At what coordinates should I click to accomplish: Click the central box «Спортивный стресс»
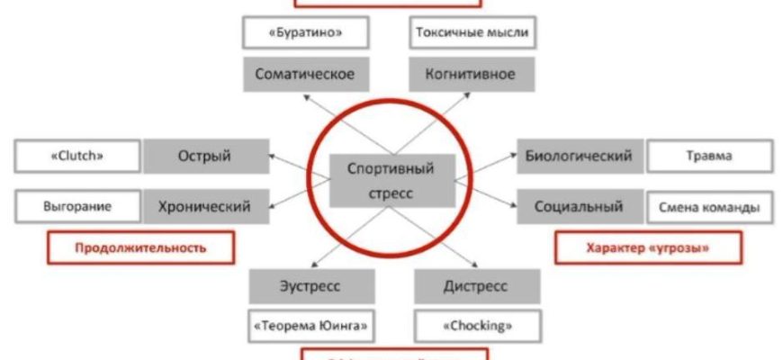click(390, 179)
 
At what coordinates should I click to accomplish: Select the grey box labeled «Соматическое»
click(305, 74)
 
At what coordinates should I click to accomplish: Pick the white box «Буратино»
click(305, 34)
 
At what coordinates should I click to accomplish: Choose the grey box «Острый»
click(205, 156)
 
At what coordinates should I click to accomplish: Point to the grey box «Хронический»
click(205, 206)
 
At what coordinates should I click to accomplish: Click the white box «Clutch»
click(78, 156)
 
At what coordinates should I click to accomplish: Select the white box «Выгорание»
click(78, 206)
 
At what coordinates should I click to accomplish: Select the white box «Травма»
click(708, 156)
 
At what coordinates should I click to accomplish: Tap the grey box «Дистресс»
click(476, 286)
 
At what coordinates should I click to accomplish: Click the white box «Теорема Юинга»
click(311, 324)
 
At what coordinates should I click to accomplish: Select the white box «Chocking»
click(476, 324)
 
